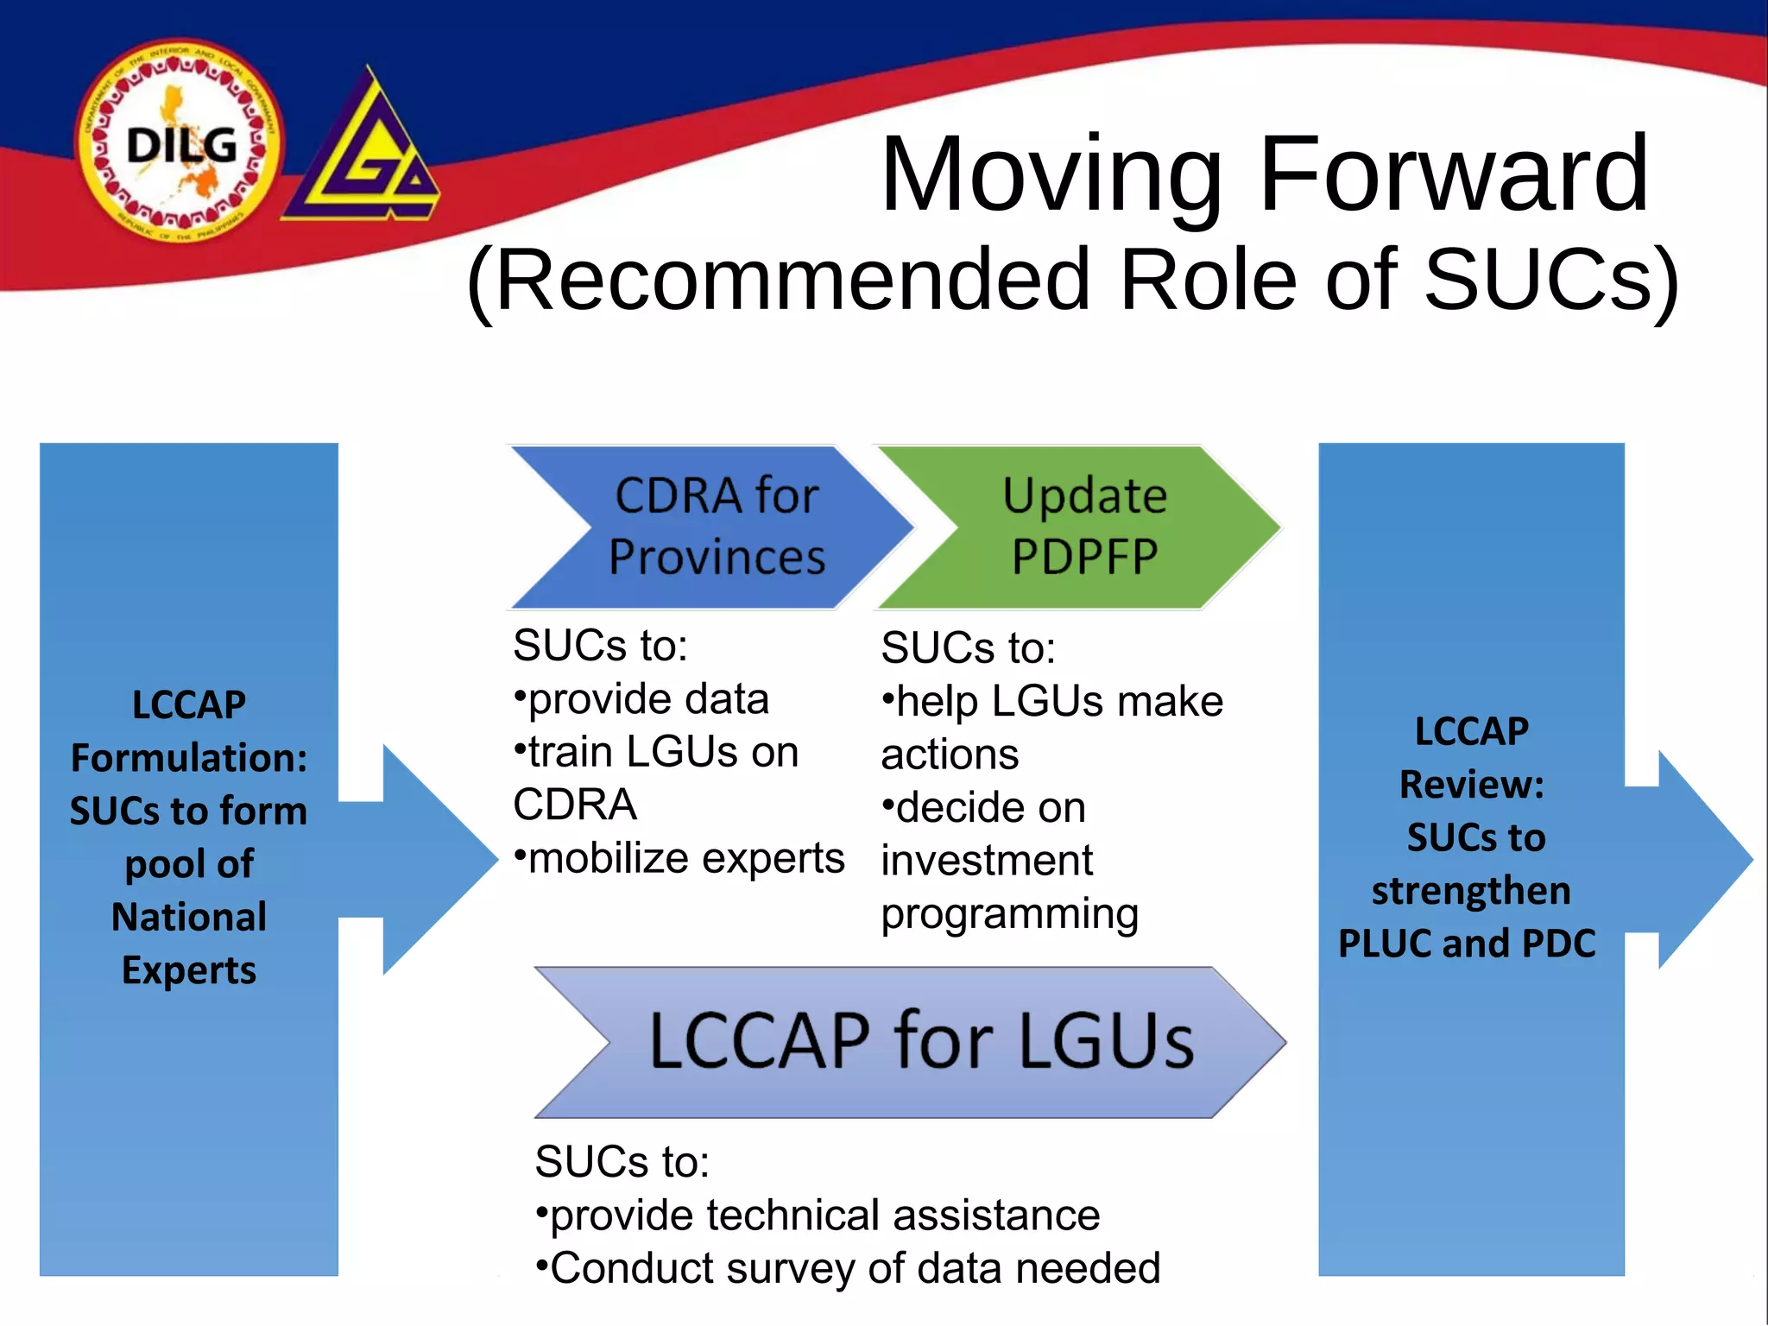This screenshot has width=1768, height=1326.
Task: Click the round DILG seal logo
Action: pos(179,142)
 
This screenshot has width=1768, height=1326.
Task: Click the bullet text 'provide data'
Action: pos(647,699)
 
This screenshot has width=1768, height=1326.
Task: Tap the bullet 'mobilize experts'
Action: pos(685,859)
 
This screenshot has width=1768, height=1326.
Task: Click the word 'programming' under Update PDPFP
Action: pos(1009,914)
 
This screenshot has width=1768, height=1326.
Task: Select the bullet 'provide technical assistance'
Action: pos(824,1215)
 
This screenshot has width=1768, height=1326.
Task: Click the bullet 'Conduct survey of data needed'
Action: pos(855,1269)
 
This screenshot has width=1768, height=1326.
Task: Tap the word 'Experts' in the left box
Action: pos(189,970)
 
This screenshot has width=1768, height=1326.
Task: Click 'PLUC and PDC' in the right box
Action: pos(1467,944)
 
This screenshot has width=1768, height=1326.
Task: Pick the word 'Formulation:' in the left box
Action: pos(189,758)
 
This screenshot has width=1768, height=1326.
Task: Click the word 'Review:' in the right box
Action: pos(1471,785)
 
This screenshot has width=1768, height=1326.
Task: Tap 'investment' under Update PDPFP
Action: pos(987,861)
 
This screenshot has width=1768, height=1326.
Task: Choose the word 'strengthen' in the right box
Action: pos(1471,891)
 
